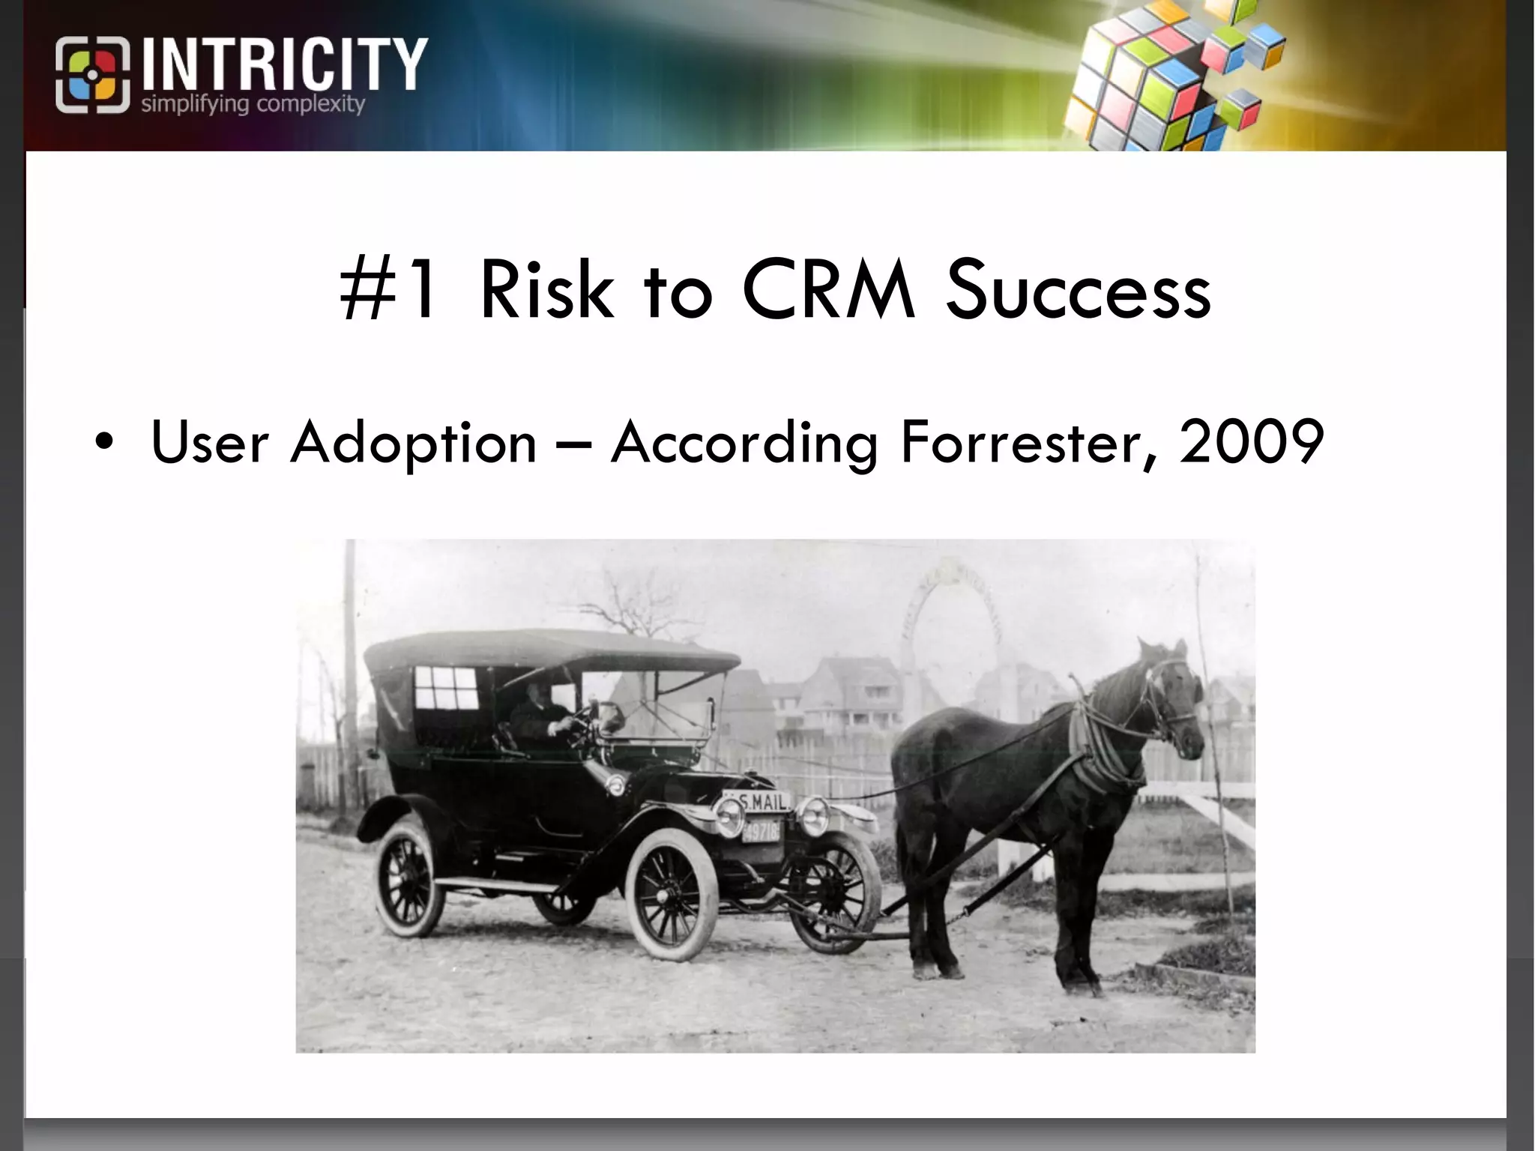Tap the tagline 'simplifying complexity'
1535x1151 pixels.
click(x=253, y=104)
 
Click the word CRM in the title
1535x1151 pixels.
click(x=829, y=289)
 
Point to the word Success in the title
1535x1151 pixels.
click(x=1078, y=289)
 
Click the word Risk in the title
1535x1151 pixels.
click(x=546, y=289)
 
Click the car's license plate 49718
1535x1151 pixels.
click(x=760, y=830)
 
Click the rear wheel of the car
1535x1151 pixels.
click(x=409, y=880)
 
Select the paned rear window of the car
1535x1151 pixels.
click(x=446, y=687)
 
